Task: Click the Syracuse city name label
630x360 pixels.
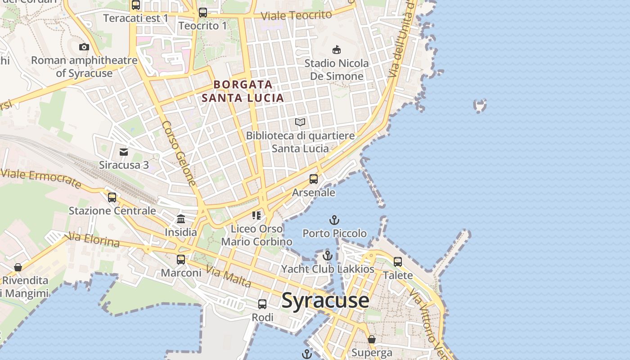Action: point(325,301)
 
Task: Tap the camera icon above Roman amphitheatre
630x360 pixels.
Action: point(84,47)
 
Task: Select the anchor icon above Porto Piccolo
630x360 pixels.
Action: point(334,220)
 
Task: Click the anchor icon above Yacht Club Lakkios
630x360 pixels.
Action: point(328,256)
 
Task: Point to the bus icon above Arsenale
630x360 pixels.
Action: point(314,179)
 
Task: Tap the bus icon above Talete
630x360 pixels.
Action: point(398,261)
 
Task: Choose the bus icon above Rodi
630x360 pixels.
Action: point(262,304)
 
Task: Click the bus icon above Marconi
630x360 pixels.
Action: point(181,260)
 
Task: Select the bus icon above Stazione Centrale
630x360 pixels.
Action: point(112,197)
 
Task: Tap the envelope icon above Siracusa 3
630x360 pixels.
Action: point(124,152)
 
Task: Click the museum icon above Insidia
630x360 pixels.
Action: point(181,219)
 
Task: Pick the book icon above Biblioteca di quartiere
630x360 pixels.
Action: point(300,122)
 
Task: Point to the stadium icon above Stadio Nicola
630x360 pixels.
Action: point(336,49)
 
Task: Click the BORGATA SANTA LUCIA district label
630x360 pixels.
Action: point(243,91)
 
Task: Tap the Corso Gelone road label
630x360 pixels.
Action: point(179,153)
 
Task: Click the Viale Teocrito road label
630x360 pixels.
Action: point(296,15)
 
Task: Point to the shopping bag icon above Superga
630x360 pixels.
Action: point(372,339)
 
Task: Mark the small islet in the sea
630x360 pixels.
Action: point(480,106)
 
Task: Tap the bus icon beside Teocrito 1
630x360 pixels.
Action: point(203,13)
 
